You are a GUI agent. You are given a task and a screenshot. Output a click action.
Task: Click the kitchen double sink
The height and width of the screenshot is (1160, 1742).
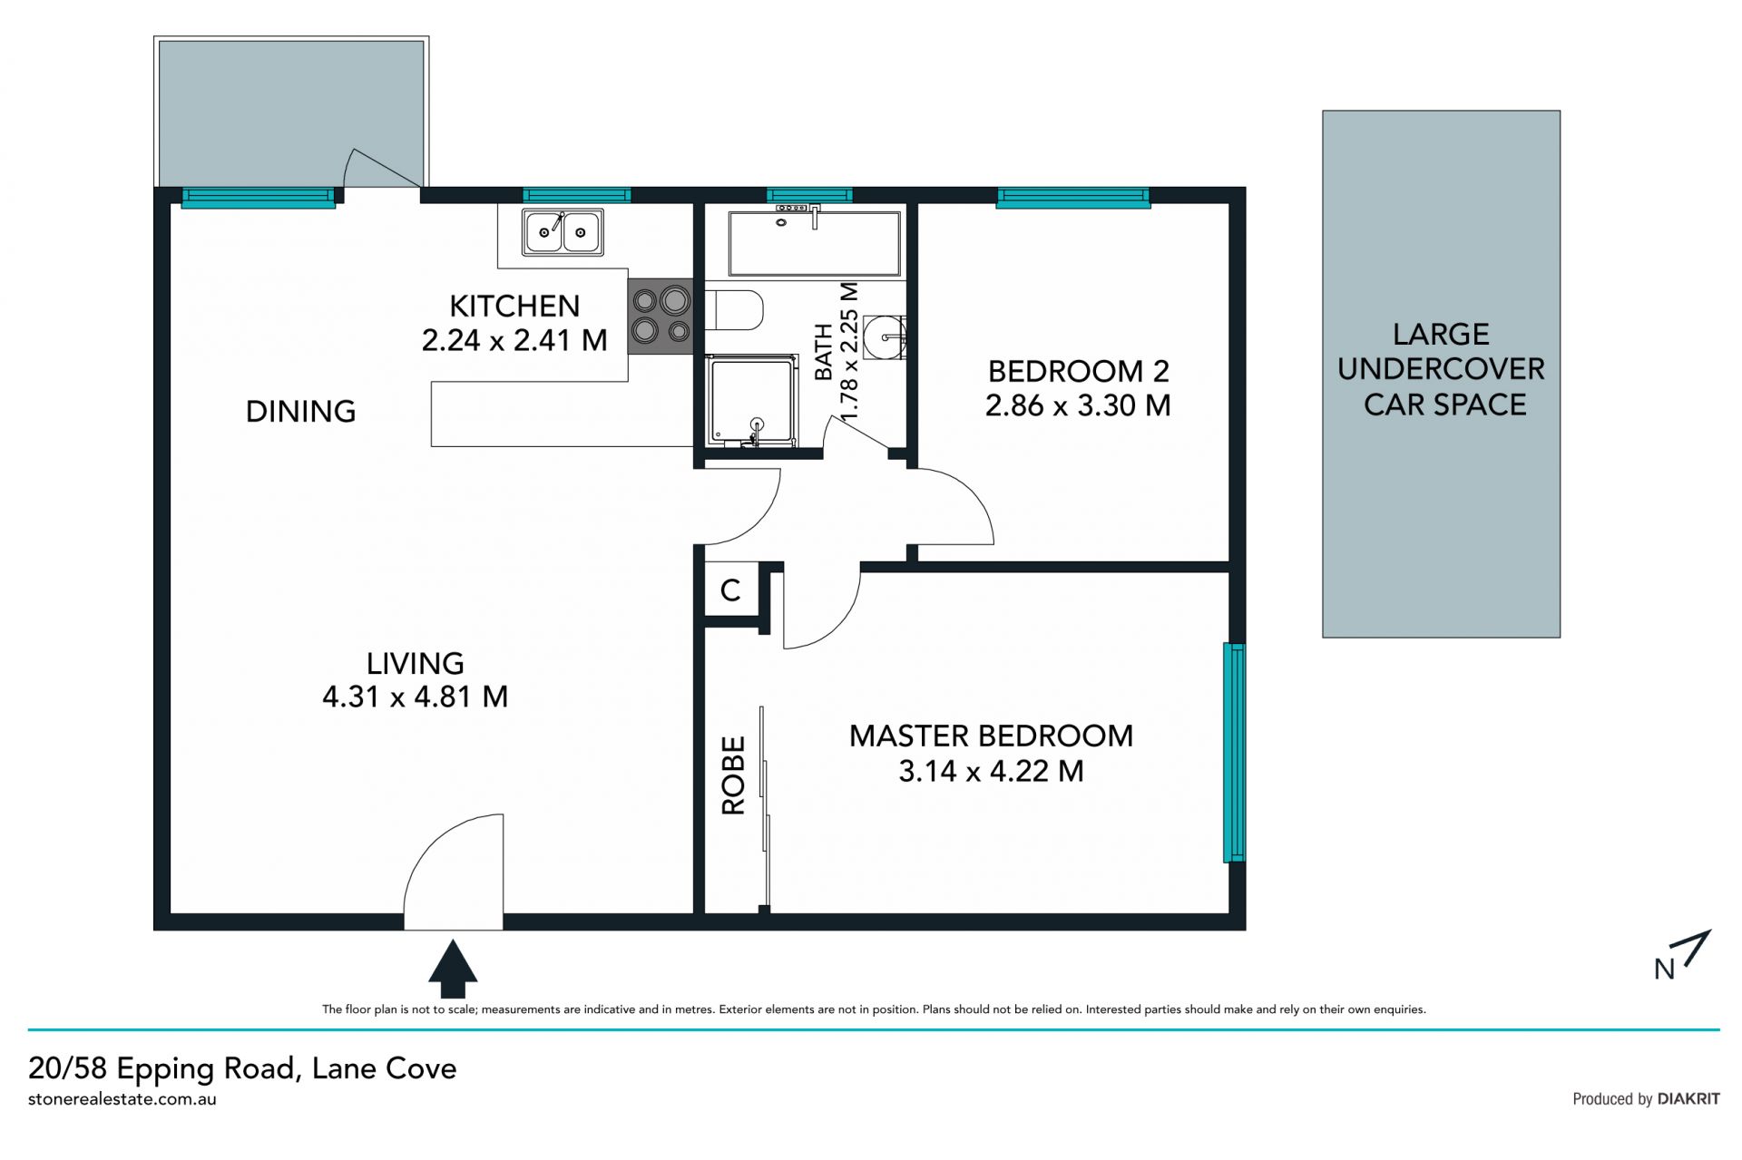pyautogui.click(x=563, y=231)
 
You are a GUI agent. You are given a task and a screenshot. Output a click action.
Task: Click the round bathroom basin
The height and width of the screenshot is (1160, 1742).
pyautogui.click(x=883, y=336)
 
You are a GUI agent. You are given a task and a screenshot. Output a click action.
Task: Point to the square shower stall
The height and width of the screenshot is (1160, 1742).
pyautogui.click(x=752, y=401)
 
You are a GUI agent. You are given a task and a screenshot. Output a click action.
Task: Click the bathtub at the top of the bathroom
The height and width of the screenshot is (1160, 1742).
pyautogui.click(x=815, y=242)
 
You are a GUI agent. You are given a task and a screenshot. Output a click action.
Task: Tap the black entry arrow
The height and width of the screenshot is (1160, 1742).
pyautogui.click(x=453, y=969)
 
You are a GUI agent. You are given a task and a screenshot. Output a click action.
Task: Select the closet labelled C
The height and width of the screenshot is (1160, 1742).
pyautogui.click(x=731, y=590)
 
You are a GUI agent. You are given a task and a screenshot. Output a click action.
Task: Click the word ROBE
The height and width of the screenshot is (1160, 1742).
pyautogui.click(x=733, y=775)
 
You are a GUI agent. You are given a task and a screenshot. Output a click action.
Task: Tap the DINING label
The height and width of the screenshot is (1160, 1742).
pyautogui.click(x=300, y=412)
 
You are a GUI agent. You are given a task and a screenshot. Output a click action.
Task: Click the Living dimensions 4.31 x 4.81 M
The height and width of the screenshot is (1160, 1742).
pyautogui.click(x=415, y=697)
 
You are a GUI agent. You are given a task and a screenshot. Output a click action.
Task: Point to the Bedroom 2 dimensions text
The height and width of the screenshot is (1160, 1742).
pyautogui.click(x=1078, y=405)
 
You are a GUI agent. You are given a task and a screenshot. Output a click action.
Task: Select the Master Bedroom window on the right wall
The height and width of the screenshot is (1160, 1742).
pyautogui.click(x=1234, y=752)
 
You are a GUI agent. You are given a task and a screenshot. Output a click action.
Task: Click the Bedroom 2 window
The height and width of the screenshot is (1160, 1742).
pyautogui.click(x=1073, y=197)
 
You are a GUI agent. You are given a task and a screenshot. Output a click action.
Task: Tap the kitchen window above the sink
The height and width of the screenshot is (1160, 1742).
pyautogui.click(x=576, y=195)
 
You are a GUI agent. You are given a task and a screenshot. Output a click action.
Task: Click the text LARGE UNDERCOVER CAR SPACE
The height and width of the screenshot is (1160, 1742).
pyautogui.click(x=1442, y=369)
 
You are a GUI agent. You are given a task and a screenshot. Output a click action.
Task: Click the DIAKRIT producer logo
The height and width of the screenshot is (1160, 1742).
pyautogui.click(x=1688, y=1098)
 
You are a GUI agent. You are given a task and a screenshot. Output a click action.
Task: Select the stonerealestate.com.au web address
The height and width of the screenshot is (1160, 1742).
pyautogui.click(x=122, y=1099)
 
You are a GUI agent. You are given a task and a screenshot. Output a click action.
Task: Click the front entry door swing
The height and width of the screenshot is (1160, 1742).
pyautogui.click(x=453, y=872)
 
